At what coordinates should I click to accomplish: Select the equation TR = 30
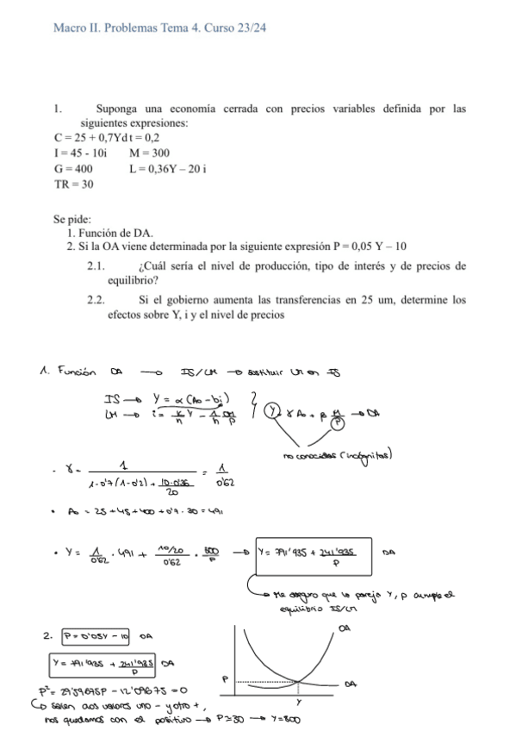74,184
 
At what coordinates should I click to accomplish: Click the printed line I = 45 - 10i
80,153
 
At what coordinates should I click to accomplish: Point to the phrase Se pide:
72,219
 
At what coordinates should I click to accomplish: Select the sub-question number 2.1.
96,266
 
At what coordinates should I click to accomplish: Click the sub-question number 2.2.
96,301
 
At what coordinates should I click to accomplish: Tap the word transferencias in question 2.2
306,301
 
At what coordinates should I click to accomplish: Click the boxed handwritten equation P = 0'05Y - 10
96,636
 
